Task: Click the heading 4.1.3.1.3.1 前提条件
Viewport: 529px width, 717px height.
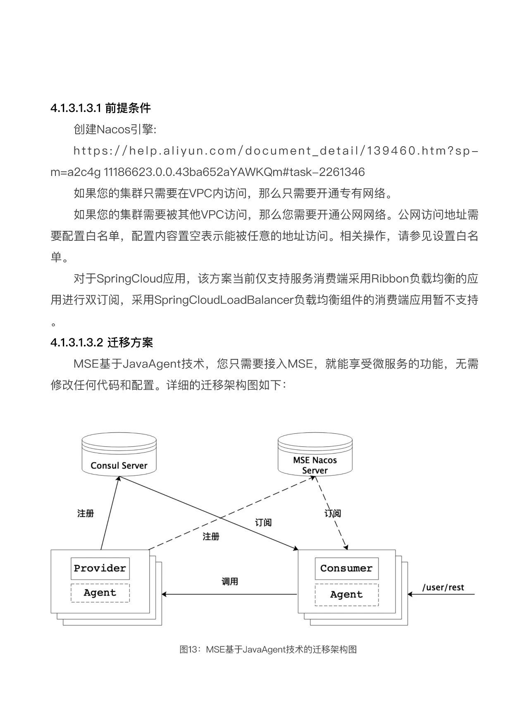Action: tap(100, 108)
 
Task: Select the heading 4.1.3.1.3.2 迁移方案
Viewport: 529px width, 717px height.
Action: tap(102, 342)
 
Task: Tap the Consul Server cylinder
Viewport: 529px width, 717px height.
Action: tap(119, 453)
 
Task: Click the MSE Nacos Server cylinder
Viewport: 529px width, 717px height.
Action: tap(315, 454)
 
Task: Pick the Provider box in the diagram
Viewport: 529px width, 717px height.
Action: tap(100, 568)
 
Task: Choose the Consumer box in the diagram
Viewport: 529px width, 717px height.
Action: tap(346, 568)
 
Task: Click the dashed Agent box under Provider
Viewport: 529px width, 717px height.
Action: tap(100, 593)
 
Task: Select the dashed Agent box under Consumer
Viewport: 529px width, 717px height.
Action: tap(346, 595)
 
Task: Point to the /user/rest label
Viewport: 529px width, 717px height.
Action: tap(443, 587)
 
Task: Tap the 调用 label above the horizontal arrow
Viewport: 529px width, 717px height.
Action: tap(230, 582)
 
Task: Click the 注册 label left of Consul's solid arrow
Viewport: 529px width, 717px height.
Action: tap(86, 513)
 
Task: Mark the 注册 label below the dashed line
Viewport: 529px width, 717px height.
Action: tap(211, 537)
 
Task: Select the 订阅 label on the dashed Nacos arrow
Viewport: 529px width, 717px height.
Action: tap(333, 513)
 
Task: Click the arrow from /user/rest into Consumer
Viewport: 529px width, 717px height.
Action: tap(441, 594)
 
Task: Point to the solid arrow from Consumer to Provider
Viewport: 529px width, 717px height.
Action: tap(229, 594)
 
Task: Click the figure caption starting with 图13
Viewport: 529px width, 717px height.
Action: tap(268, 649)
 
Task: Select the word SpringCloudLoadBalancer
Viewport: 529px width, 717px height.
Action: tap(224, 300)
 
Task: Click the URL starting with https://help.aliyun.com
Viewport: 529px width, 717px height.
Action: tap(264, 161)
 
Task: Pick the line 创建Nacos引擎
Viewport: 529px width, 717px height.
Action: tap(115, 130)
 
